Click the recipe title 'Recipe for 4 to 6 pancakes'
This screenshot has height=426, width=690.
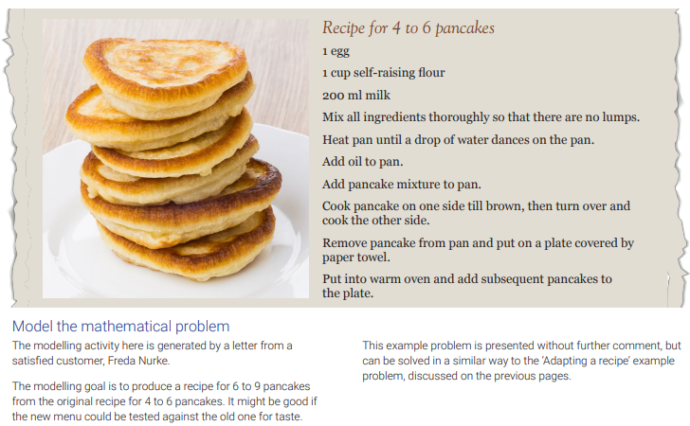point(409,28)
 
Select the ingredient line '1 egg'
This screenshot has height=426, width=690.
point(336,51)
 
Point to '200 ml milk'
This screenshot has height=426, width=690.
point(356,95)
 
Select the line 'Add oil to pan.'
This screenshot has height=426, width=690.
point(363,162)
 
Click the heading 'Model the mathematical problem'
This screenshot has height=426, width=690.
point(121,327)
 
